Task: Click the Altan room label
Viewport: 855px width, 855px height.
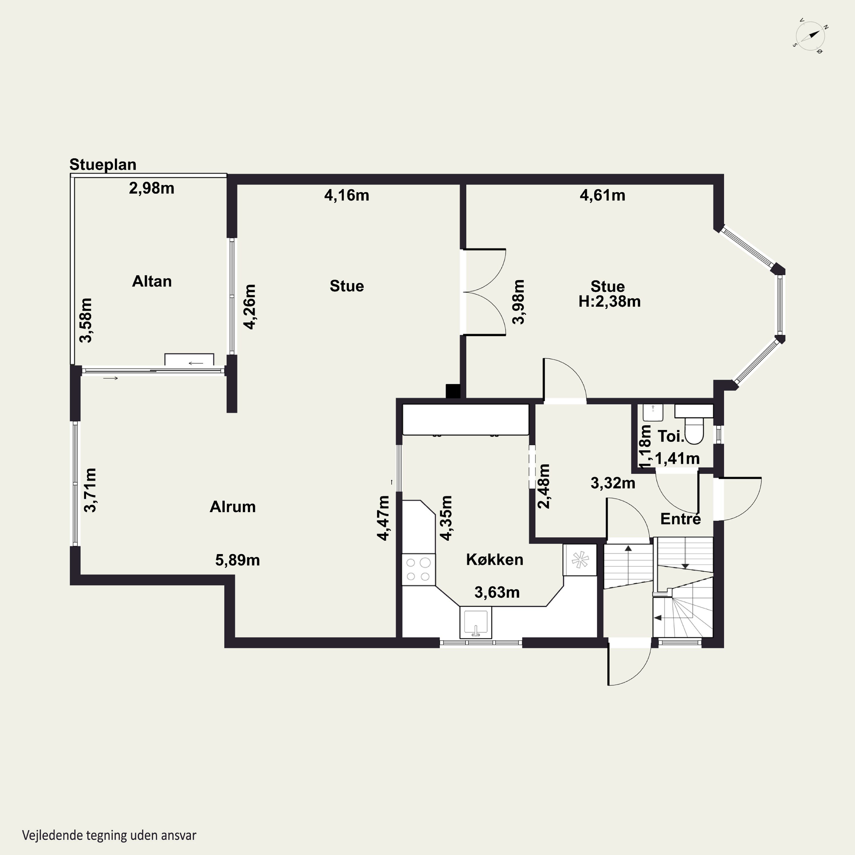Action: (x=152, y=282)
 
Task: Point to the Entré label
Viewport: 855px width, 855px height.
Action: (x=681, y=519)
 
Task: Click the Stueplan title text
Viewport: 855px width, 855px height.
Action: (x=103, y=165)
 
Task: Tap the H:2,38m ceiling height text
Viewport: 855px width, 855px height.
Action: (x=609, y=301)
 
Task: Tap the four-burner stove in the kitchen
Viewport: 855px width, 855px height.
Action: (x=418, y=569)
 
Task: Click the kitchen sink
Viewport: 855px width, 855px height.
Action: (x=476, y=622)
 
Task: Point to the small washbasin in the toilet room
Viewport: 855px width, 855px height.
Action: (x=653, y=412)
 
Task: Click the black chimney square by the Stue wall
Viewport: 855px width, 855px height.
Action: (x=453, y=391)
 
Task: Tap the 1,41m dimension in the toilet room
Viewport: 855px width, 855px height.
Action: (x=677, y=459)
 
